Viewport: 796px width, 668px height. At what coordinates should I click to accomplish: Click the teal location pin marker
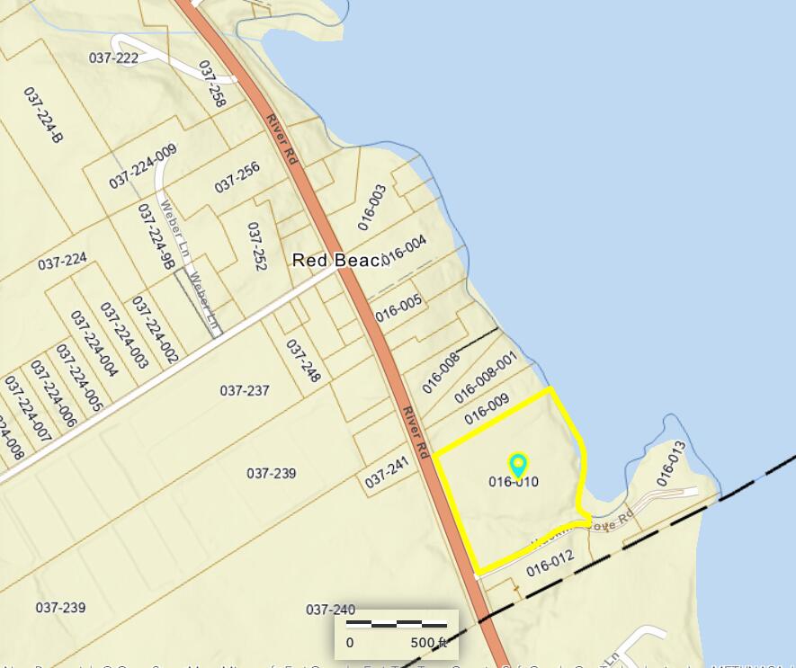click(518, 465)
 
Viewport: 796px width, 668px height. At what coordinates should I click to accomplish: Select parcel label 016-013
click(671, 464)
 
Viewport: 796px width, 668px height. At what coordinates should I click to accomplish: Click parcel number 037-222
click(114, 58)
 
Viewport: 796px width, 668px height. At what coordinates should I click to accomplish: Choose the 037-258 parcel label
click(211, 85)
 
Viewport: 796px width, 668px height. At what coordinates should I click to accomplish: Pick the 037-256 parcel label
click(237, 177)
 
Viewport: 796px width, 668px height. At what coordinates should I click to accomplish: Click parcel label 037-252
click(257, 246)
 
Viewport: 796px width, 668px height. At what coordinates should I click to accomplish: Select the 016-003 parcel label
click(371, 206)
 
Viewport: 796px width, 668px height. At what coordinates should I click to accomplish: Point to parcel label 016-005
click(398, 307)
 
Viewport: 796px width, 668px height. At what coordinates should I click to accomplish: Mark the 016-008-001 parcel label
click(486, 377)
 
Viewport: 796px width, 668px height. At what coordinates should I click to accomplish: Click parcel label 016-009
click(487, 409)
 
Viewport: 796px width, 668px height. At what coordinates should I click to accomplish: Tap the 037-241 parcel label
click(387, 473)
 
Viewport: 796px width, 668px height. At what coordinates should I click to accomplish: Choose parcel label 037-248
click(303, 361)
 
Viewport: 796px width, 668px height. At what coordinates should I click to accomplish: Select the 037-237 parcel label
click(245, 390)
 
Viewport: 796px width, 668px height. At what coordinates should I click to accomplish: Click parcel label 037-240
click(331, 609)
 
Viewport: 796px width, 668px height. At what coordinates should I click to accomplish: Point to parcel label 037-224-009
click(143, 166)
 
